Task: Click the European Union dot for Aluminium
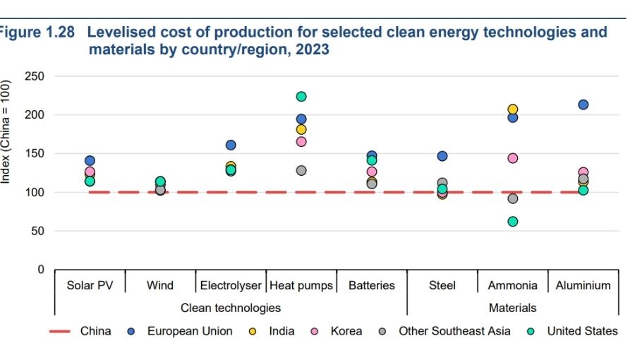click(583, 104)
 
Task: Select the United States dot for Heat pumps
click(301, 97)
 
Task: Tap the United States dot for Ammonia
click(513, 222)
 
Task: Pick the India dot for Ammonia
click(513, 109)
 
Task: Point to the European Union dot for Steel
click(442, 156)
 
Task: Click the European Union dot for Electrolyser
click(231, 145)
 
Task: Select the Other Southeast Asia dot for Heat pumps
click(301, 171)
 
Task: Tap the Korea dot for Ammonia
click(513, 158)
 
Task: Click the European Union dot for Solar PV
click(90, 161)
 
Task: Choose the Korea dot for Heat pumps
click(301, 142)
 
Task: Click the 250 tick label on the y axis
click(34, 76)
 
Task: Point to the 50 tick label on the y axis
click(37, 232)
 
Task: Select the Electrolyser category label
click(231, 286)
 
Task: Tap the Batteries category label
click(372, 286)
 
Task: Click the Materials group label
click(513, 308)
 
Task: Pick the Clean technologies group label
click(231, 308)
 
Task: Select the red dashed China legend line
click(60, 331)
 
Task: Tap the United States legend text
click(582, 331)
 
